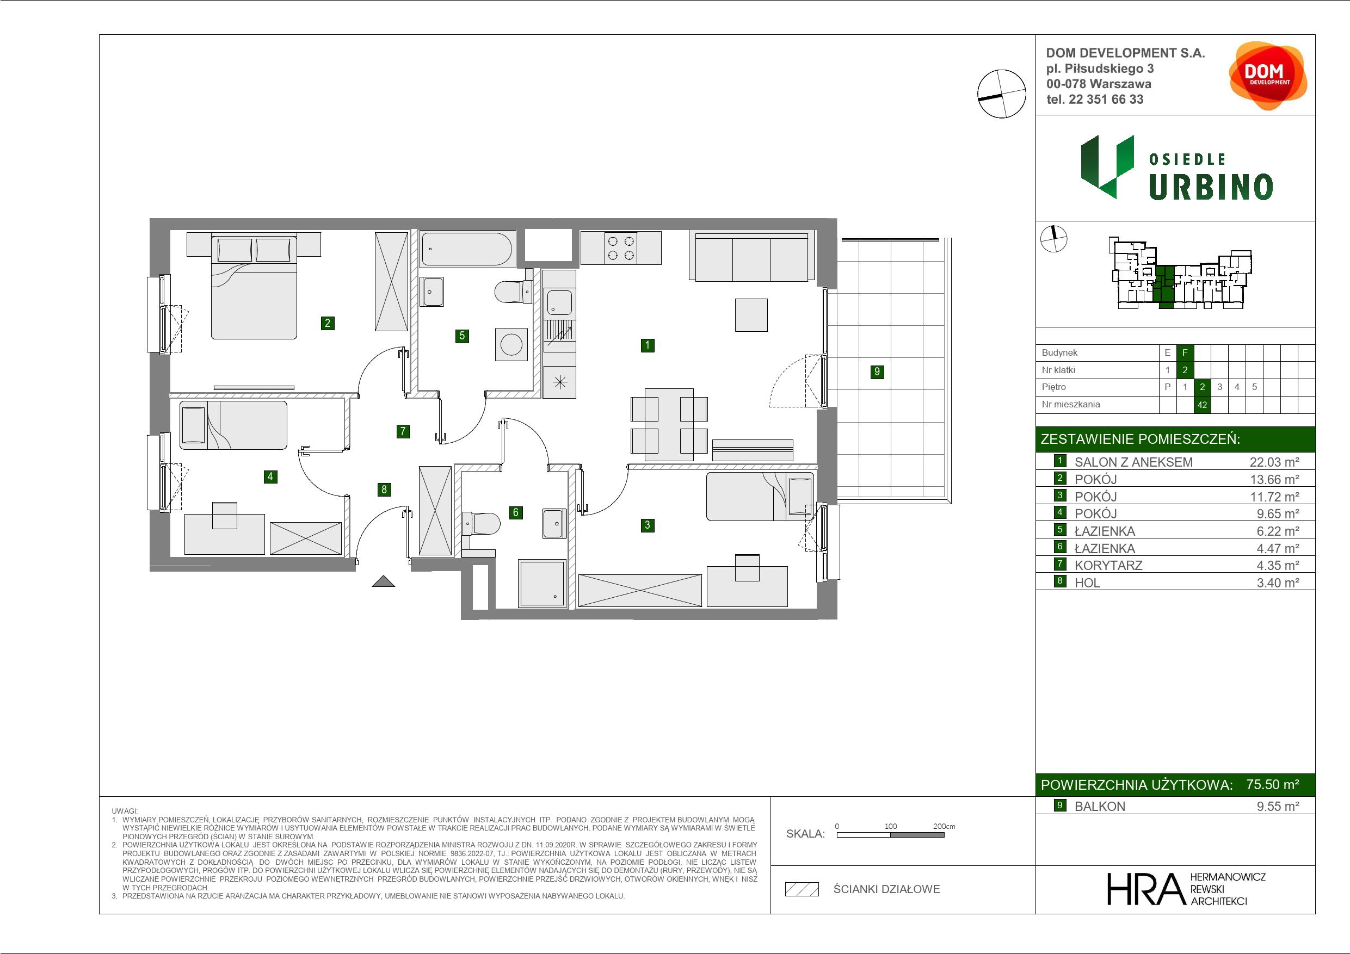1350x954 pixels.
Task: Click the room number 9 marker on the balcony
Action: click(x=877, y=371)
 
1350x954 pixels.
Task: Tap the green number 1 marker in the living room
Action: click(x=648, y=345)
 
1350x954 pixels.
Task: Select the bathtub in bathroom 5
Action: click(x=468, y=249)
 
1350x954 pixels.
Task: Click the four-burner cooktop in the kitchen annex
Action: click(x=621, y=247)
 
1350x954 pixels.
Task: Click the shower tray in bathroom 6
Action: click(x=541, y=583)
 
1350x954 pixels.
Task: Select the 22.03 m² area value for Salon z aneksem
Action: click(x=1274, y=462)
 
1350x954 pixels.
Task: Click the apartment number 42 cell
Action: click(x=1202, y=405)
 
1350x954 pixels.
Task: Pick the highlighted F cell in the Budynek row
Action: click(x=1185, y=352)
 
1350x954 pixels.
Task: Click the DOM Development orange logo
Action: click(x=1268, y=76)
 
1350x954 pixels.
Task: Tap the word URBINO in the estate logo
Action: click(x=1211, y=187)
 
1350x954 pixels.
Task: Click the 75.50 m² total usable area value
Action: click(x=1272, y=785)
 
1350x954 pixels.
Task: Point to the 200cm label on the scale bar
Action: click(x=944, y=826)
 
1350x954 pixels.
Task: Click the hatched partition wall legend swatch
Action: click(x=802, y=889)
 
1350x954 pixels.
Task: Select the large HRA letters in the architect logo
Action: click(x=1145, y=889)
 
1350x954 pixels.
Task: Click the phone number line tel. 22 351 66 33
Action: click(x=1095, y=100)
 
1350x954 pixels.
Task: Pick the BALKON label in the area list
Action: click(x=1100, y=807)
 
